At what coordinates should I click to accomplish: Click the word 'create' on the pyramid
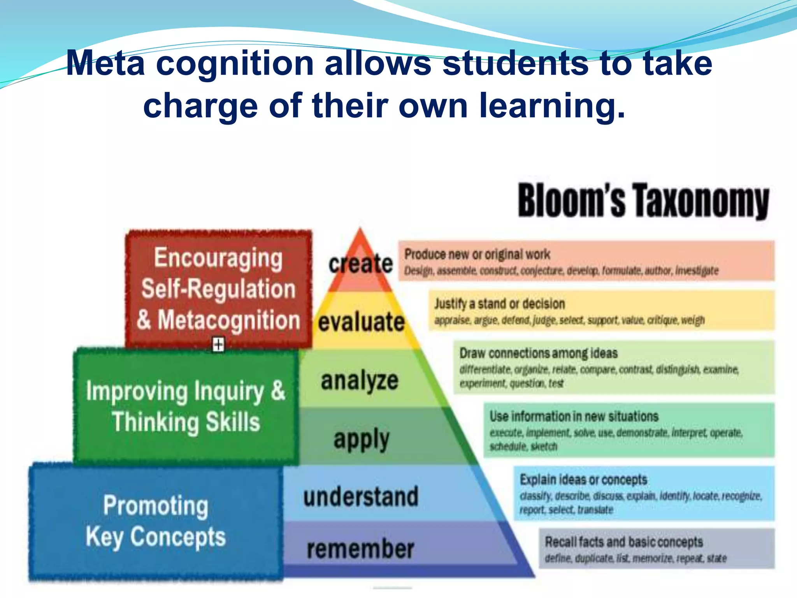(x=360, y=264)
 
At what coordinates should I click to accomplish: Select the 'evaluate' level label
(x=361, y=322)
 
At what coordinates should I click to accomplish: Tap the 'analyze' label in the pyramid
(x=360, y=380)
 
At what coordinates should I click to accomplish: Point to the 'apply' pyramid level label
(x=361, y=440)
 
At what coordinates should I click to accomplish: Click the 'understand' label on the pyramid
(x=361, y=497)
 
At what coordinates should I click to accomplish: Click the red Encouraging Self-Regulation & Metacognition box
(x=218, y=288)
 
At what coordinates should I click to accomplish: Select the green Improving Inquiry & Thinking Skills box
(x=186, y=406)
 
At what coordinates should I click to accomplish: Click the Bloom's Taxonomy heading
(x=643, y=201)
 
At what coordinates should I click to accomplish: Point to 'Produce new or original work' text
(x=477, y=254)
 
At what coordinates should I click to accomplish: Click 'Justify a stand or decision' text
(x=500, y=304)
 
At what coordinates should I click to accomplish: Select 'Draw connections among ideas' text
(x=538, y=353)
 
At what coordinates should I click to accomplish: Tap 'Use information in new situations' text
(x=574, y=416)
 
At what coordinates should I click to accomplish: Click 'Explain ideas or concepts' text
(x=583, y=479)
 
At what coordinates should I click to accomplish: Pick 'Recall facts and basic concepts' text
(x=623, y=542)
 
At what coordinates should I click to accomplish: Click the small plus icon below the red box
(x=218, y=345)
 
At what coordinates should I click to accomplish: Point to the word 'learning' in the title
(x=552, y=106)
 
